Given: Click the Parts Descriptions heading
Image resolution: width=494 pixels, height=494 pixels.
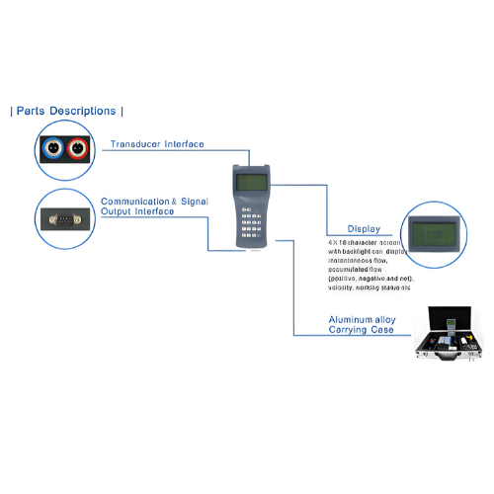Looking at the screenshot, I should tap(67, 111).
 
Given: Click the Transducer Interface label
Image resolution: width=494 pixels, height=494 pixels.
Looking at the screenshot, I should tap(157, 144).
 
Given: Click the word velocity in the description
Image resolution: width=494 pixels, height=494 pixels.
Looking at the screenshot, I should tap(343, 289).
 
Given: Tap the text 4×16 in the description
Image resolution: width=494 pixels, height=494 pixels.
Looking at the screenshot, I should tap(337, 241).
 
